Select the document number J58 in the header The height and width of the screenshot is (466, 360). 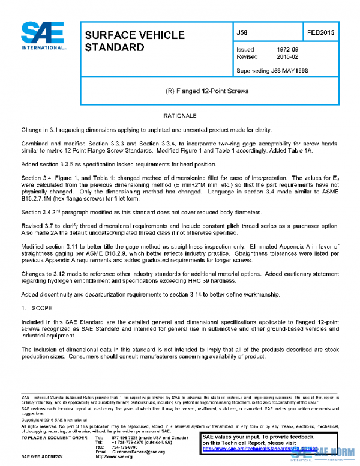pyautogui.click(x=242, y=32)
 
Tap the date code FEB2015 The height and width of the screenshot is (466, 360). pyautogui.click(x=321, y=32)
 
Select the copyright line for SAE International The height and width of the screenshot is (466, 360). pyautogui.click(x=53, y=420)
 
